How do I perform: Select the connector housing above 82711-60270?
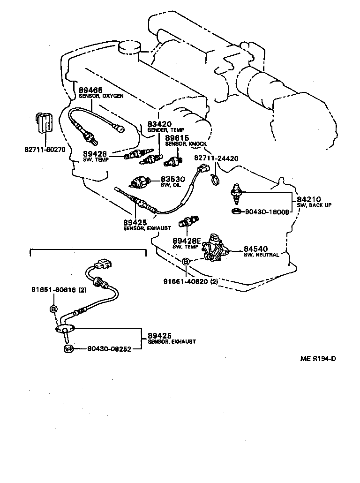45,124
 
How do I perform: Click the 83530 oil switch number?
173,179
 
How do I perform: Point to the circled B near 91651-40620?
186,262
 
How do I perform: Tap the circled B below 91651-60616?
53,309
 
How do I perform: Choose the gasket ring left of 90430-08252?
68,348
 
